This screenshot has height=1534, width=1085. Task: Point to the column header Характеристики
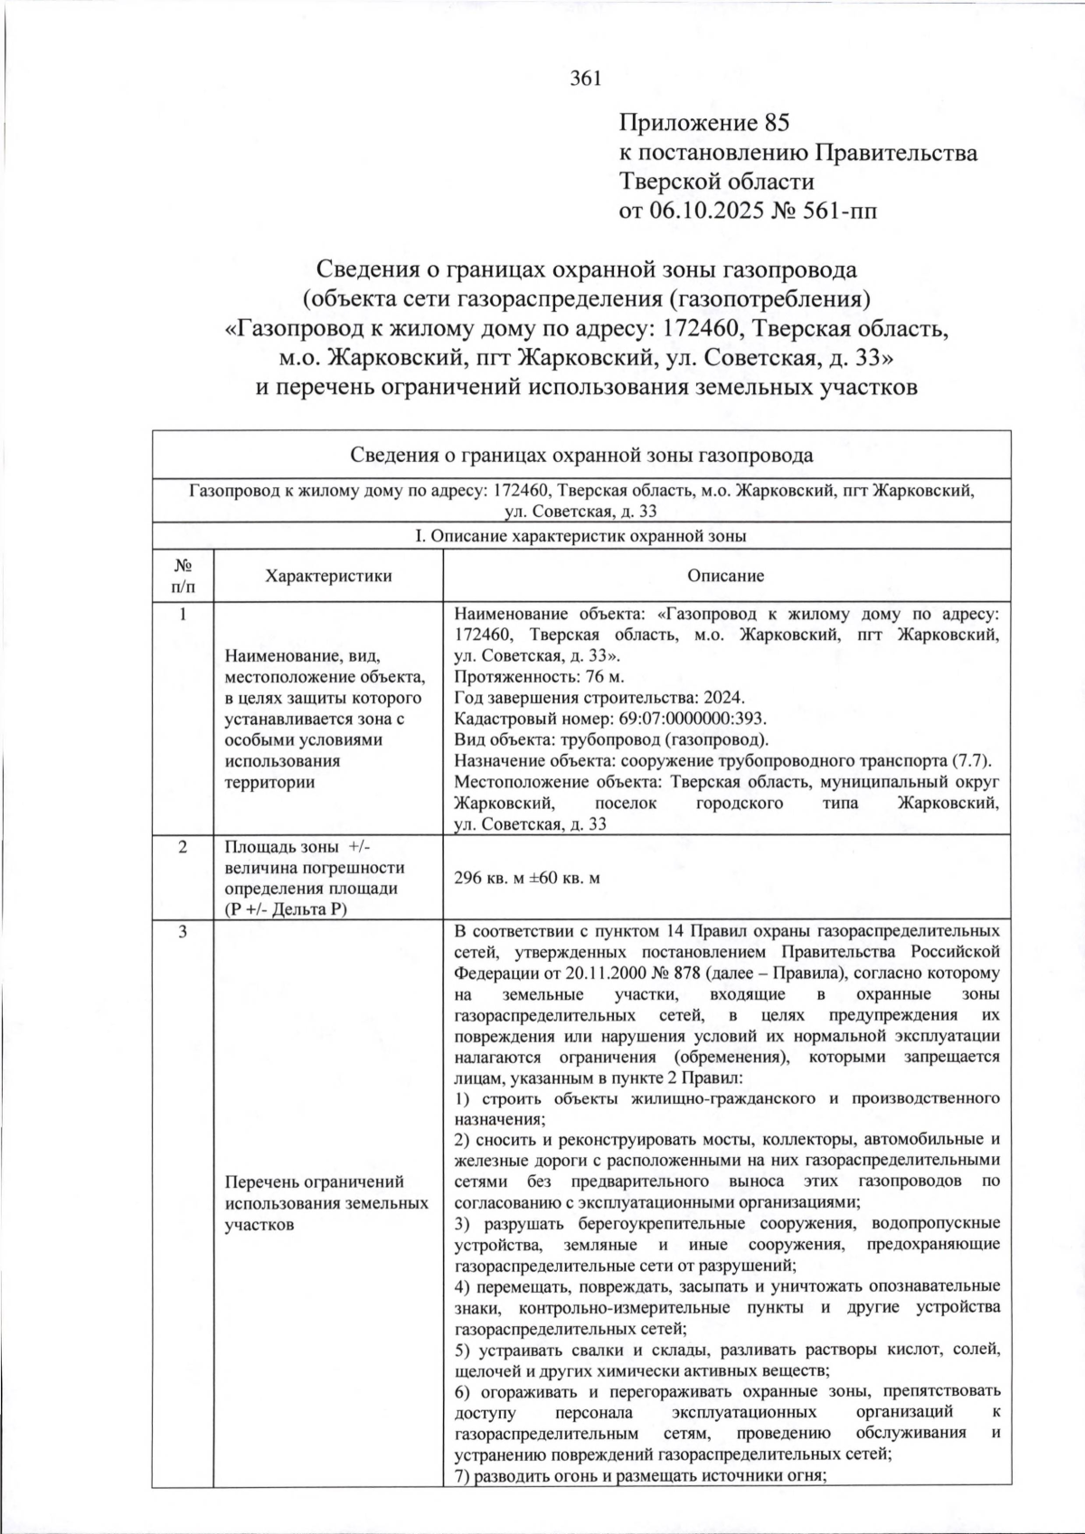pos(328,576)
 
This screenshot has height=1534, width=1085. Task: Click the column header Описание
pos(725,576)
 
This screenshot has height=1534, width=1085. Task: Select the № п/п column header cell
pos(183,576)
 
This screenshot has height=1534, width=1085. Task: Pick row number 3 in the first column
pos(183,932)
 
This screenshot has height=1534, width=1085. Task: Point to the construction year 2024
pos(727,698)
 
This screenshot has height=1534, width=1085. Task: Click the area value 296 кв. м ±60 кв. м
pos(527,878)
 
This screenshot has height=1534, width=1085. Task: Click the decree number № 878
pos(731,974)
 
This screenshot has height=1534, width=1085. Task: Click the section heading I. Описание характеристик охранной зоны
pos(580,536)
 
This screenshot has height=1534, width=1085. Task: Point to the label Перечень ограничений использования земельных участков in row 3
pos(326,1203)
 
